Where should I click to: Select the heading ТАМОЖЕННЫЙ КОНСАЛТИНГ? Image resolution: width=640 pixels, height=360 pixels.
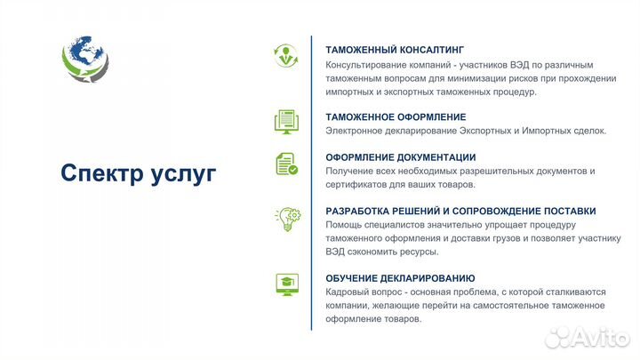(x=395, y=50)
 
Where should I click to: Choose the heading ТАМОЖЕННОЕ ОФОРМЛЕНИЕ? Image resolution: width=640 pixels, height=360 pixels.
(x=396, y=116)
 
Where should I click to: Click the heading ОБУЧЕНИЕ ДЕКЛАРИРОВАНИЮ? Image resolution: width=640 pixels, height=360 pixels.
(x=400, y=278)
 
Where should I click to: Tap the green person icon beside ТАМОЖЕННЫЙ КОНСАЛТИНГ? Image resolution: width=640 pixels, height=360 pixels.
(x=286, y=54)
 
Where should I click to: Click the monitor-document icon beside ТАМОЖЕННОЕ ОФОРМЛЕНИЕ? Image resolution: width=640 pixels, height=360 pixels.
(x=286, y=121)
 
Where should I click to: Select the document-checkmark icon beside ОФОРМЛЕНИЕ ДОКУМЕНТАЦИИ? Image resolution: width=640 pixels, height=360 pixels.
(x=286, y=164)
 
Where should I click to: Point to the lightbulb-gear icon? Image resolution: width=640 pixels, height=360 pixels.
(x=286, y=219)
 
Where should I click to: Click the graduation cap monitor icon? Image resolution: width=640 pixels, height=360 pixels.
(x=286, y=284)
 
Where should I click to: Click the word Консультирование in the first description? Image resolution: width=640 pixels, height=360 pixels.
(x=368, y=65)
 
